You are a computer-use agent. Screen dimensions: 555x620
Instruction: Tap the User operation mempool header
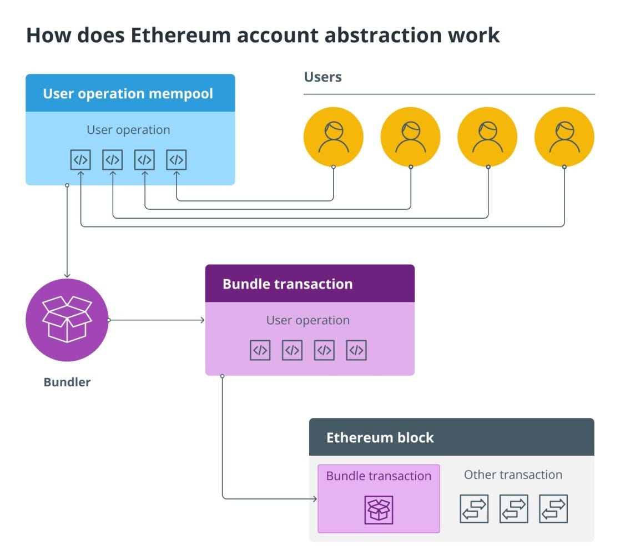(x=128, y=93)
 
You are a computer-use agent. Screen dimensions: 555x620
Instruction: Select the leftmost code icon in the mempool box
(x=80, y=160)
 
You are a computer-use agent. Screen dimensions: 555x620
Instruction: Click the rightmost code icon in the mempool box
(x=177, y=160)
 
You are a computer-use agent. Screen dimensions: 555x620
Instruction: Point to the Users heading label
(x=322, y=77)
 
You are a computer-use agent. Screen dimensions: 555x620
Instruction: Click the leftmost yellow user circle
(x=334, y=137)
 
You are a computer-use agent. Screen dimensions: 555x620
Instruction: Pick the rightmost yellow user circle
(x=564, y=137)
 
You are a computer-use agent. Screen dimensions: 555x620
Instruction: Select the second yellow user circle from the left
(x=410, y=137)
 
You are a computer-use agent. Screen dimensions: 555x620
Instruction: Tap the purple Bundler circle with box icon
(x=67, y=320)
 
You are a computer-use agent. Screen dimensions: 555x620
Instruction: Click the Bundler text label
(x=67, y=382)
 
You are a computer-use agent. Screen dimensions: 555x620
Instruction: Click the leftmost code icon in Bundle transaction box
(x=260, y=350)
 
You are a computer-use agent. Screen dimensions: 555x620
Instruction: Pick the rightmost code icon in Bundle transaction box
(x=356, y=350)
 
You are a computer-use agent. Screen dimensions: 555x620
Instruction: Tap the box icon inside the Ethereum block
(x=379, y=509)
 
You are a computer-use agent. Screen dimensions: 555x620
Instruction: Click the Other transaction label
(x=513, y=475)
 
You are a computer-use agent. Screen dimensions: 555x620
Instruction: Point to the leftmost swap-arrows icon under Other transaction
(x=474, y=509)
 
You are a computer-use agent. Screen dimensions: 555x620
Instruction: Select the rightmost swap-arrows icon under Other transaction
(x=553, y=509)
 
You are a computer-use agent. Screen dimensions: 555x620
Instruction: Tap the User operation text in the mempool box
(x=128, y=130)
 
